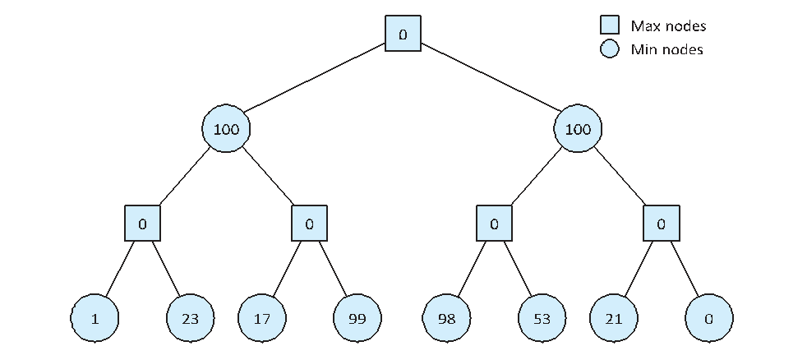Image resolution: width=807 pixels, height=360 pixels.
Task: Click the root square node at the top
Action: coord(403,34)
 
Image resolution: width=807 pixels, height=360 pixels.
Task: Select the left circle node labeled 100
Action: coord(227,128)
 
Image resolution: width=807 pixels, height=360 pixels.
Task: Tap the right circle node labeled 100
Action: coord(578,128)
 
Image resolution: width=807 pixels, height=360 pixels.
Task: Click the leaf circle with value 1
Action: coord(95,319)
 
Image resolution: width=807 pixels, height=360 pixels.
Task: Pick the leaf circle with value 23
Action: coord(191,319)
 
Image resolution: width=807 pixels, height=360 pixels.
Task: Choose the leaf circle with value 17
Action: coord(262,319)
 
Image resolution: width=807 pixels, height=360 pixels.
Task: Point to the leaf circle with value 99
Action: coord(357,319)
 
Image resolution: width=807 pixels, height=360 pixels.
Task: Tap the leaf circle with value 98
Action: coord(447,319)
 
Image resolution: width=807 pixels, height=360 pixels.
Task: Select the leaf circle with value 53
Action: coord(542,319)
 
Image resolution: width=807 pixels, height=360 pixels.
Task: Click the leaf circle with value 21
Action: coord(614,319)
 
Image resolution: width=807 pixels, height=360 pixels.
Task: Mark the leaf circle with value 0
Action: coord(709,319)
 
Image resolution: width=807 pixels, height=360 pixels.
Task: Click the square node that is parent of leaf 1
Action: coord(142,224)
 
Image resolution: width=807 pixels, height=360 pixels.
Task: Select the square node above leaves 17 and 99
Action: coord(309,224)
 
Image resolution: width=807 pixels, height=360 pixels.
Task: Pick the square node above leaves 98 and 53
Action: coord(494,224)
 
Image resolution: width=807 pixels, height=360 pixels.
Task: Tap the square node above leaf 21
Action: coord(662,224)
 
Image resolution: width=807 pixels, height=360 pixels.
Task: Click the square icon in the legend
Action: coord(610,25)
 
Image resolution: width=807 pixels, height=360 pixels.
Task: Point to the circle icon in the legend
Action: coord(610,49)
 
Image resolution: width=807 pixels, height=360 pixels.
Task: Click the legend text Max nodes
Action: coord(669,25)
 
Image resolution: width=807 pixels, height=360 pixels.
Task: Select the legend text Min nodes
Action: coord(667,49)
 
